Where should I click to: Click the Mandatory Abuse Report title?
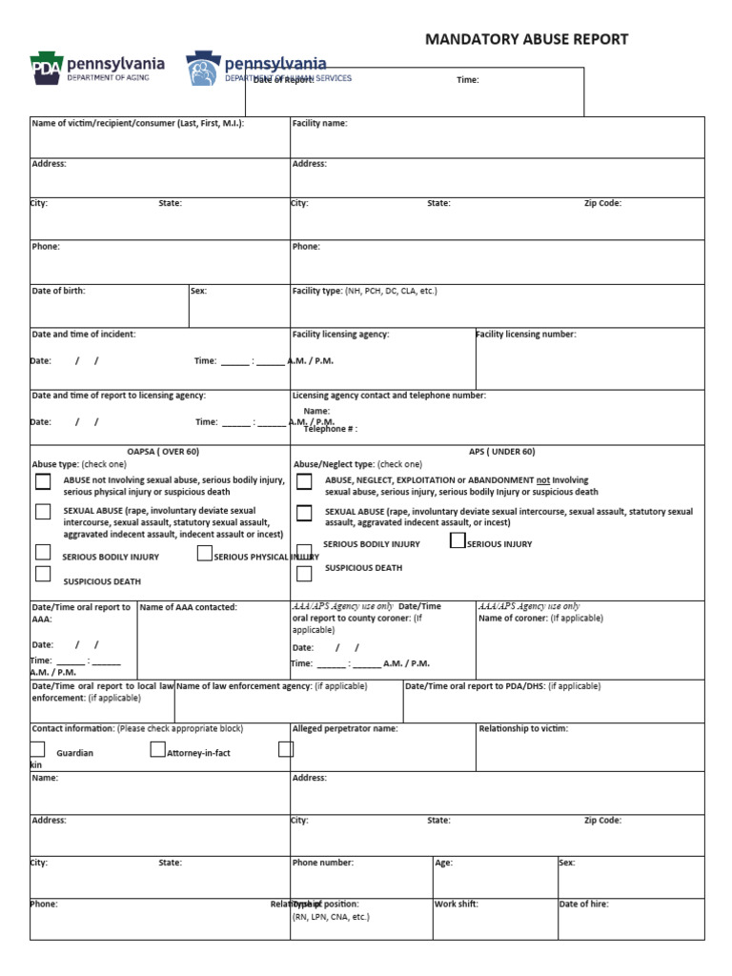click(x=526, y=39)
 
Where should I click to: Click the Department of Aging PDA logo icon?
click(x=44, y=69)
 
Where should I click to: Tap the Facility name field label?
click(x=319, y=124)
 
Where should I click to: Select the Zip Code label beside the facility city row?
click(x=602, y=204)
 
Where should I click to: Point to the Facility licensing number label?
click(x=526, y=335)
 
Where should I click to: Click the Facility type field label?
click(x=316, y=291)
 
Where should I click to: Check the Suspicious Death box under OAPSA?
click(x=43, y=574)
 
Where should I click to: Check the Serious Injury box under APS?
click(x=457, y=541)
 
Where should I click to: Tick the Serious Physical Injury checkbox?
click(x=204, y=554)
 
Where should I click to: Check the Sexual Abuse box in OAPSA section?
click(x=43, y=512)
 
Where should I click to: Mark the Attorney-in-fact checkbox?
click(x=157, y=750)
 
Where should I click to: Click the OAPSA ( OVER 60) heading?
click(x=163, y=452)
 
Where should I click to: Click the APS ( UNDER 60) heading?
click(x=502, y=452)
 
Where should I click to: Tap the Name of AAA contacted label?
click(x=188, y=607)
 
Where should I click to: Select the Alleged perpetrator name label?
click(x=345, y=729)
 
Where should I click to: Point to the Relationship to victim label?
click(x=523, y=729)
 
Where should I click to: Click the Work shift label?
click(x=457, y=905)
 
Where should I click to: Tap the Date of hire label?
click(x=583, y=905)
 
